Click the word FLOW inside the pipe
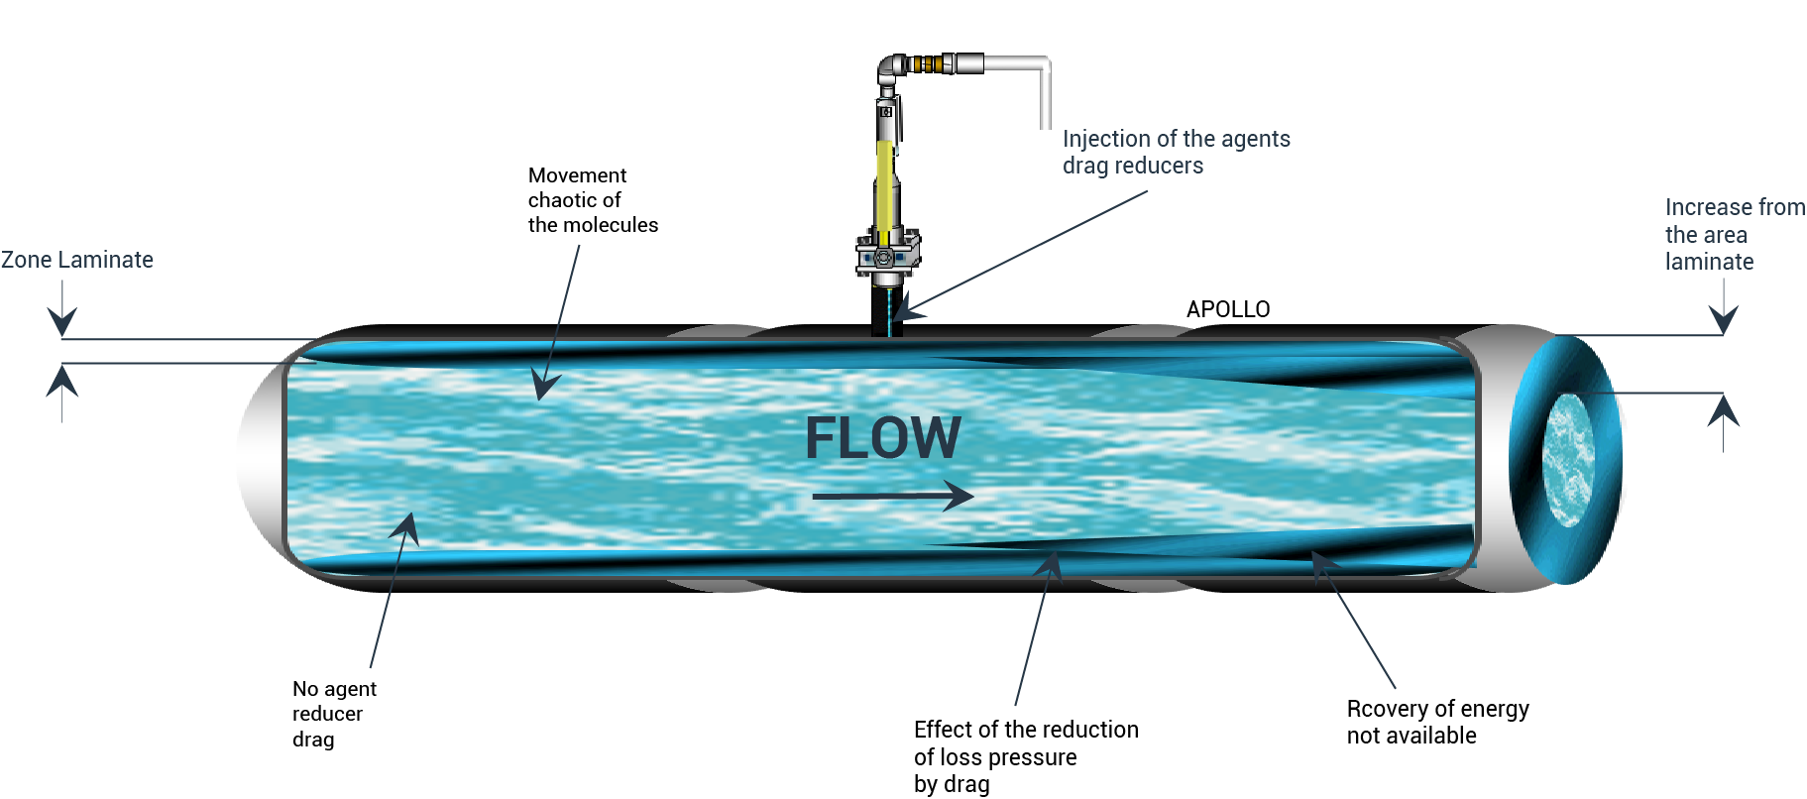click(x=882, y=437)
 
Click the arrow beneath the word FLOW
click(x=892, y=495)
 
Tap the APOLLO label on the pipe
click(x=1227, y=309)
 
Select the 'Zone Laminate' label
click(x=77, y=260)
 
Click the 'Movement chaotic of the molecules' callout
click(x=592, y=200)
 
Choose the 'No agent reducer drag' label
click(x=333, y=714)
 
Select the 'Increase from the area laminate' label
click(x=1734, y=234)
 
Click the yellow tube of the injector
click(x=883, y=193)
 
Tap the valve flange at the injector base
click(x=886, y=255)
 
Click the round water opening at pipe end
click(x=1568, y=459)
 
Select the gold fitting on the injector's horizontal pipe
click(x=926, y=64)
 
